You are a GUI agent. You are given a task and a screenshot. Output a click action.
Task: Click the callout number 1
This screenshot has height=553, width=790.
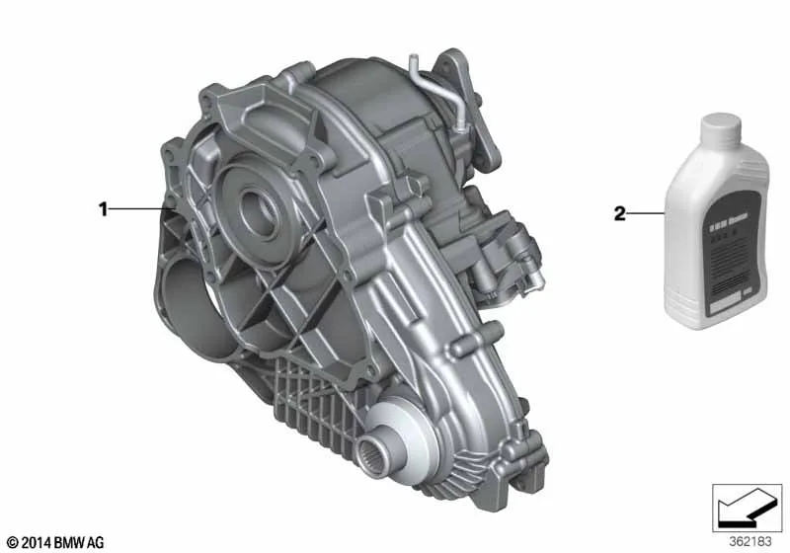pyautogui.click(x=102, y=208)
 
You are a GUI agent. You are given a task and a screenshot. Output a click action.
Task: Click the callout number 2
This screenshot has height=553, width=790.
pyautogui.click(x=620, y=213)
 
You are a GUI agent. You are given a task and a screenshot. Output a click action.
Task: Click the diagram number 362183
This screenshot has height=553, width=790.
pyautogui.click(x=751, y=541)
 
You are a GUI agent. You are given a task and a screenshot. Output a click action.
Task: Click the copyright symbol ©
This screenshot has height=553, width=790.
pyautogui.click(x=12, y=542)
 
